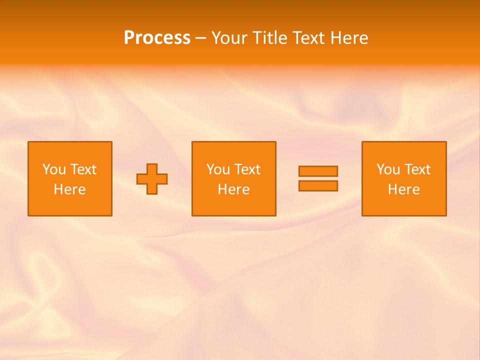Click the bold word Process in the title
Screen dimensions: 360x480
click(x=157, y=38)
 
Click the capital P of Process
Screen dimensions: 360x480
click(x=129, y=38)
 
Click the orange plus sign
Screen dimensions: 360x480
click(x=152, y=179)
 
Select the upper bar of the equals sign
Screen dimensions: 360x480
click(x=318, y=171)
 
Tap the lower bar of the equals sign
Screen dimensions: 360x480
click(x=318, y=185)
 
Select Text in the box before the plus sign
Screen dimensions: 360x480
click(x=82, y=169)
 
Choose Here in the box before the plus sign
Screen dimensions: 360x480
click(x=70, y=189)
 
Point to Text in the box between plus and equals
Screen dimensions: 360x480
click(x=246, y=169)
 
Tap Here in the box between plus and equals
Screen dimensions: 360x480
click(x=234, y=189)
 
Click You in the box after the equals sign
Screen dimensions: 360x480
click(x=388, y=169)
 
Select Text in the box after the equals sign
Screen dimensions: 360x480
click(x=416, y=169)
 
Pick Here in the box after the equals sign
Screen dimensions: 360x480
click(x=404, y=189)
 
